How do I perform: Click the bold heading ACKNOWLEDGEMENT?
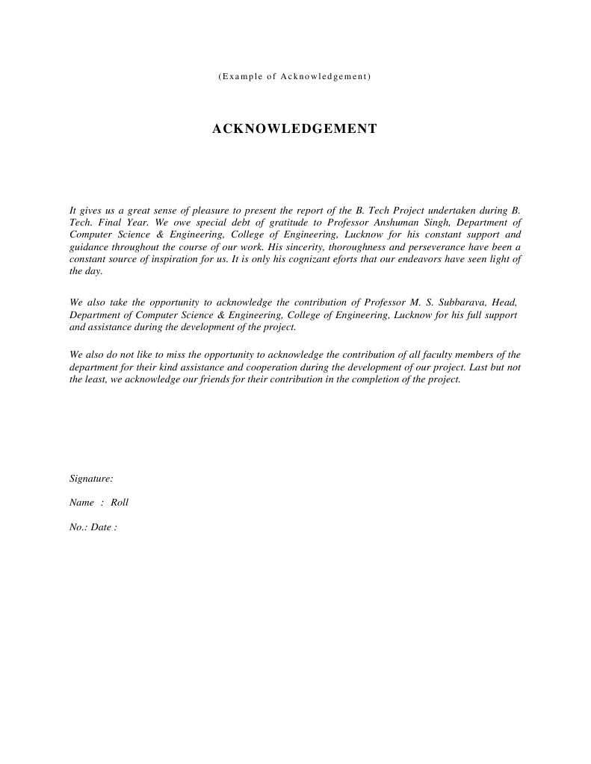294,129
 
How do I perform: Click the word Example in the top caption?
241,77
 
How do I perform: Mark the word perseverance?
432,246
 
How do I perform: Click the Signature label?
91,478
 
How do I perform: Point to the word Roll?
120,503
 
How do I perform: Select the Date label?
104,527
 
